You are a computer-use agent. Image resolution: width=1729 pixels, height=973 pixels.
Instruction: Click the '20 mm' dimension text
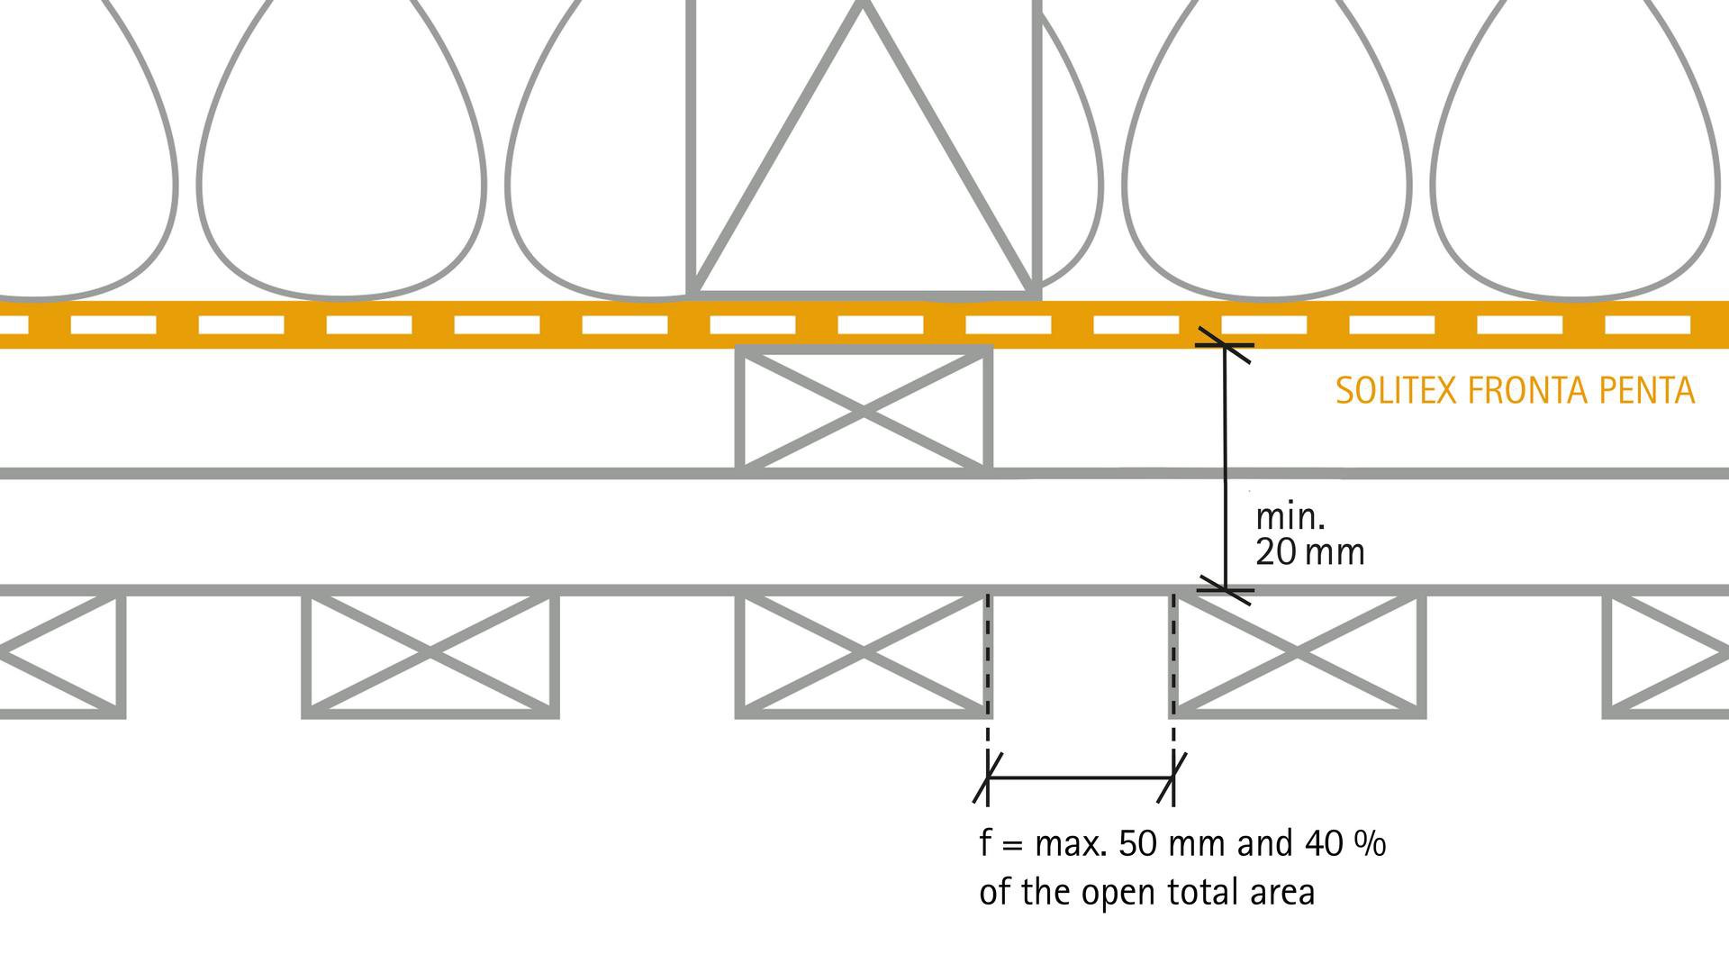pyautogui.click(x=1309, y=552)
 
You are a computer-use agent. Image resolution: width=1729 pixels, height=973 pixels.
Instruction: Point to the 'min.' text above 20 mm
pyautogui.click(x=1290, y=517)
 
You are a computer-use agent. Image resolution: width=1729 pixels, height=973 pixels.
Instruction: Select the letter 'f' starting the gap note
pyautogui.click(x=986, y=844)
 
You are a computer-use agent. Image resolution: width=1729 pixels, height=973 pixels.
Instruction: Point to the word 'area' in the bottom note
pyautogui.click(x=1282, y=892)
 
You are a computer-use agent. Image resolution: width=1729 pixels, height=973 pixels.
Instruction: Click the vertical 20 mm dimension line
pyautogui.click(x=1225, y=468)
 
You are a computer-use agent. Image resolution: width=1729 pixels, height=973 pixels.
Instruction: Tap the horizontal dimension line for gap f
pyautogui.click(x=1081, y=777)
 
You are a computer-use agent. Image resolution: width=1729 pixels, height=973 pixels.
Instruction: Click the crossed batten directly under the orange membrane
pyautogui.click(x=864, y=410)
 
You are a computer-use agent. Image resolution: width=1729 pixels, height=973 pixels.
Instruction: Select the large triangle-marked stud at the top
pyautogui.click(x=864, y=153)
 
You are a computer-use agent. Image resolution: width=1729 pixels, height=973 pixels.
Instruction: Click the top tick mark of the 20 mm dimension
pyautogui.click(x=1225, y=345)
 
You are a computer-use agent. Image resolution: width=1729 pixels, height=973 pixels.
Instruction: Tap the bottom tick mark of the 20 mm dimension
pyautogui.click(x=1225, y=591)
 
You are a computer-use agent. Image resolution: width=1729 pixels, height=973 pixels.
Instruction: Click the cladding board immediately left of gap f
pyautogui.click(x=862, y=654)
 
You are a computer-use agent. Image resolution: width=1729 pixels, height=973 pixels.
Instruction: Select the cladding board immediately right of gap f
pyautogui.click(x=1298, y=654)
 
